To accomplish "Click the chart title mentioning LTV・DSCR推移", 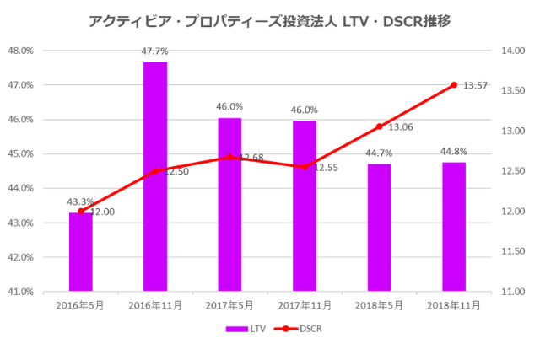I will point(269,21).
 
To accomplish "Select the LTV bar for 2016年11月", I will point(155,177).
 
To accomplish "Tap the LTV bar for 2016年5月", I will point(81,252).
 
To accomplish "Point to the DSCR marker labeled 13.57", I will point(454,85).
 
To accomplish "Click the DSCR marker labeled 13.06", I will point(379,126).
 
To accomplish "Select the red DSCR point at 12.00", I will point(81,211).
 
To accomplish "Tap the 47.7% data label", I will point(154,51).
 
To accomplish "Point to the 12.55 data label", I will point(326,168).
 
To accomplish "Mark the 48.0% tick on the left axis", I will point(21,51).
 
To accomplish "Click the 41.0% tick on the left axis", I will point(21,292).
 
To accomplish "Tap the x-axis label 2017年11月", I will point(305,305).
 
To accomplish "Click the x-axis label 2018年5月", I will point(379,305).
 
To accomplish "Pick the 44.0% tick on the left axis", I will point(21,188).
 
